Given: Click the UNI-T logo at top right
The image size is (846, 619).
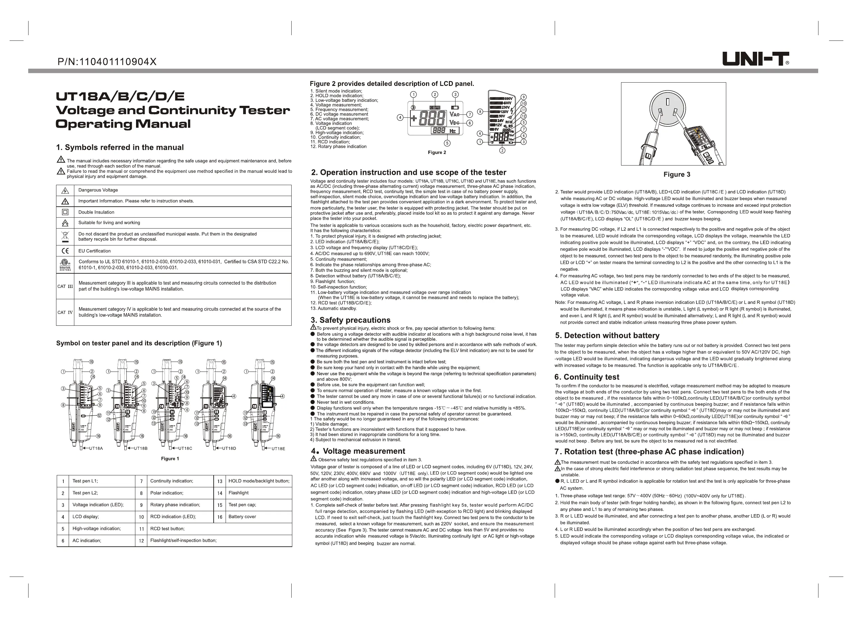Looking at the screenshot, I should coord(755,59).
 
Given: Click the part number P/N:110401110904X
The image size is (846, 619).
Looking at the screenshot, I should coord(107,62).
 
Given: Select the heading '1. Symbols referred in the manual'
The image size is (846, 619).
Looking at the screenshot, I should coord(120,147).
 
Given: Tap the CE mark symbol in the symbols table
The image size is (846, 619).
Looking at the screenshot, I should coord(65,251).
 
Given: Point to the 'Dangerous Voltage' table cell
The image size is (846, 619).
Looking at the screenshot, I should coord(98,190).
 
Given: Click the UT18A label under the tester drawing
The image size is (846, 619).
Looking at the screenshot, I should coord(96,448).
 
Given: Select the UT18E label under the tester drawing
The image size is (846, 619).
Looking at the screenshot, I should coord(278,448).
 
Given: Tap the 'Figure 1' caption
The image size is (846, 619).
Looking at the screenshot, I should coord(170,459).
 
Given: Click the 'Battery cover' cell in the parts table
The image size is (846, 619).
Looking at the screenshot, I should coord(242,517).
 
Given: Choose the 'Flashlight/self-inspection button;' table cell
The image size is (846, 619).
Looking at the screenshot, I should coord(183,540).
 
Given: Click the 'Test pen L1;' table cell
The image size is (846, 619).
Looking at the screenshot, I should coord(85,481).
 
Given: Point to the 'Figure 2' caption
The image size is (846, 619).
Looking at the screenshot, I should coord(437,153).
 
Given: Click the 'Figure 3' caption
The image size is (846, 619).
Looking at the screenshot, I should coord(677,174).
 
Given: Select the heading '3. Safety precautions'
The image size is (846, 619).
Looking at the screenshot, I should coord(351,320).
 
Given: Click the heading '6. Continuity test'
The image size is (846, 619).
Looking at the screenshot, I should coord(587,377).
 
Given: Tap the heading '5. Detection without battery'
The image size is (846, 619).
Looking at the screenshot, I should coord(607,335).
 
